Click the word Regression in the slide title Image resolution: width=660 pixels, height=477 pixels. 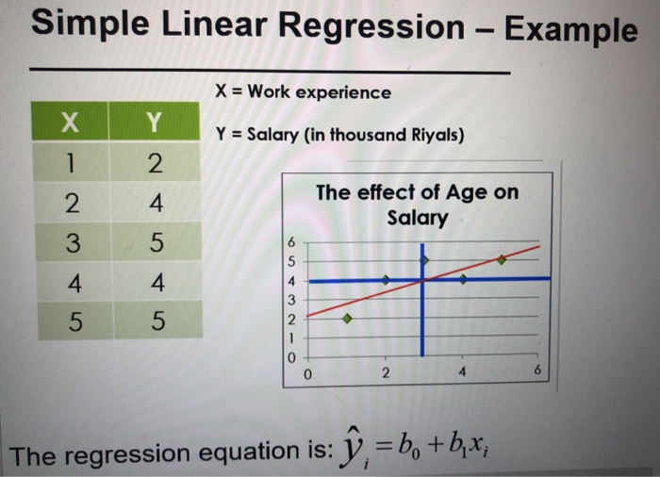371,28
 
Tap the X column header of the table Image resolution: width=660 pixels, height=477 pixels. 70,122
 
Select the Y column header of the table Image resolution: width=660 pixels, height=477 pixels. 154,122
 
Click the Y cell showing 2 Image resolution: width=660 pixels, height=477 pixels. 156,162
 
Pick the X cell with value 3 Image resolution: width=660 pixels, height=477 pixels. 74,242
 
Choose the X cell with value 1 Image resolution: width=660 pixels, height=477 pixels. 71,162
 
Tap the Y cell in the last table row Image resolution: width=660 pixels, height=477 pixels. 157,321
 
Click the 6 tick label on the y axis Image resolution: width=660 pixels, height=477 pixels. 291,242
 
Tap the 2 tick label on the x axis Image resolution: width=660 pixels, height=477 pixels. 386,372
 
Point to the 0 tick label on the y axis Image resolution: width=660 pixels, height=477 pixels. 291,358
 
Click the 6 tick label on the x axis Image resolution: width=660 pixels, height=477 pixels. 537,370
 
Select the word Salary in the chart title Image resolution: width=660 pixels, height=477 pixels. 418,218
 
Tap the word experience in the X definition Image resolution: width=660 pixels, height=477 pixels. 343,92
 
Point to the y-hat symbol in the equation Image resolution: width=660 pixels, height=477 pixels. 353,448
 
